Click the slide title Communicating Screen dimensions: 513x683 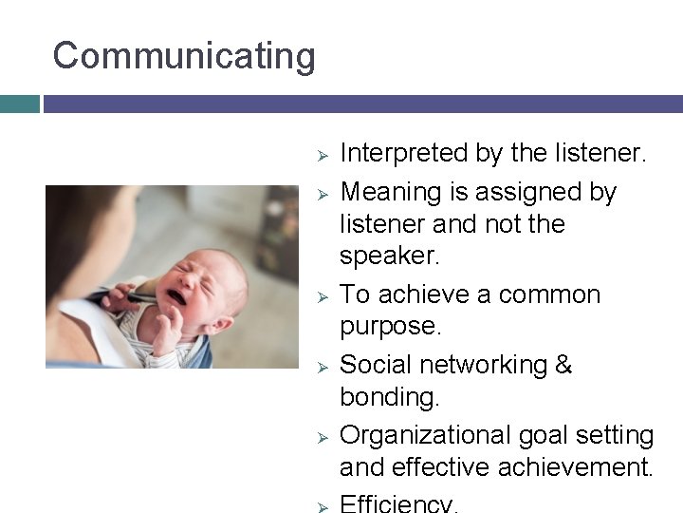click(x=184, y=56)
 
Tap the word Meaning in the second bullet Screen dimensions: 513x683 click(x=392, y=193)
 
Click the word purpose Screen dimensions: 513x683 click(x=390, y=327)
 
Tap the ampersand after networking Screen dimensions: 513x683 click(x=563, y=365)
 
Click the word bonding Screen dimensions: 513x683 click(x=389, y=397)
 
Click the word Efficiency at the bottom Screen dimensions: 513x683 click(x=397, y=503)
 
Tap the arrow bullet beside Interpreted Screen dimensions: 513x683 click(x=322, y=155)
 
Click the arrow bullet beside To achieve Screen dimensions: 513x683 click(x=322, y=295)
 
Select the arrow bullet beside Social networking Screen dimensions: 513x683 click(x=322, y=366)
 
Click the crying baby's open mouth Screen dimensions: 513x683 click(x=176, y=297)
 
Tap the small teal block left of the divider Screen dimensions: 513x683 click(x=19, y=104)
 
